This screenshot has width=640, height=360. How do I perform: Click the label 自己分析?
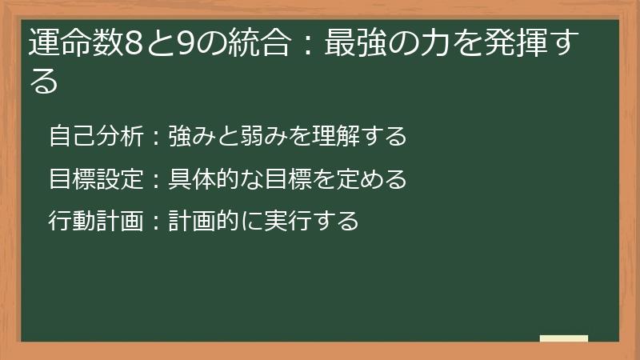pos(94,136)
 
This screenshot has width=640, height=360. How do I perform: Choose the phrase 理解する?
pos(359,136)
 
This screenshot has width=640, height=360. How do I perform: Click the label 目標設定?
pos(94,178)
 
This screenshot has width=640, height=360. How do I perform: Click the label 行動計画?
pos(94,220)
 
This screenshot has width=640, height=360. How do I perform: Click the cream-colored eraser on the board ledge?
pos(564,338)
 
